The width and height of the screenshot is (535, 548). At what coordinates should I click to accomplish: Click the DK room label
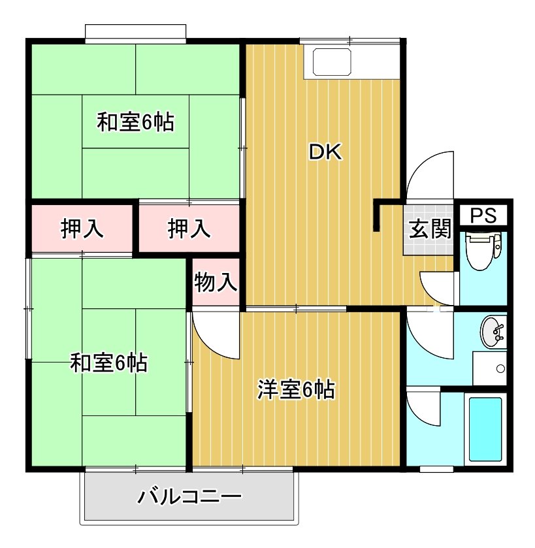point(325,152)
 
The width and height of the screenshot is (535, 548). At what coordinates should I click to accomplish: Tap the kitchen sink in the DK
point(332,62)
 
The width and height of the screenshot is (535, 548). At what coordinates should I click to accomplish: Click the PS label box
point(483,216)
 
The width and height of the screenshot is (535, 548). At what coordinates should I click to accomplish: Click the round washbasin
point(493,331)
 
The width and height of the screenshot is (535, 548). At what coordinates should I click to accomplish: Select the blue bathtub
point(485,429)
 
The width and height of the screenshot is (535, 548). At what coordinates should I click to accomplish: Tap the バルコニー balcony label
point(189,496)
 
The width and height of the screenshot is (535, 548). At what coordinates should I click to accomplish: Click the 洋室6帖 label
point(296,389)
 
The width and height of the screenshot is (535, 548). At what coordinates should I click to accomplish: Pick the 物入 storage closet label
point(216,282)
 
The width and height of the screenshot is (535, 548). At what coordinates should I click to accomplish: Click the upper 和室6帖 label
point(135,122)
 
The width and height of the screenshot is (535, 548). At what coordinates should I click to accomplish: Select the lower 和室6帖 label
point(108,363)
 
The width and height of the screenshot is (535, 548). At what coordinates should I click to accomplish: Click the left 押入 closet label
point(82,229)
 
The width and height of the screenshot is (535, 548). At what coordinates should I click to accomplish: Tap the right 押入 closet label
point(189,229)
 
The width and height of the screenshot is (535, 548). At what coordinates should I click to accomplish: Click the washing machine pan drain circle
point(500,368)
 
